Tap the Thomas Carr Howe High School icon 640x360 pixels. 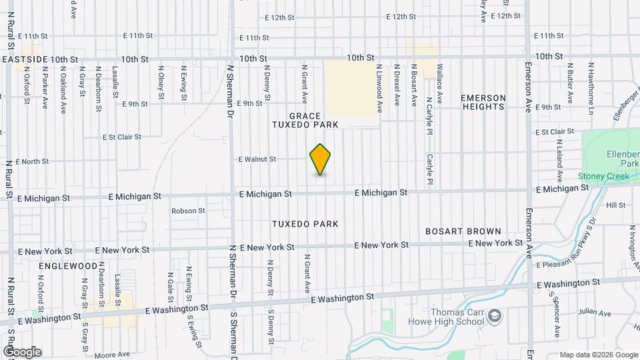point(494,315)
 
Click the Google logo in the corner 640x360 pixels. point(22,351)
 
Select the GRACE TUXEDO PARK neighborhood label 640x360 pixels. point(305,120)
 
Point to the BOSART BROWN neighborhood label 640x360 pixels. point(463,231)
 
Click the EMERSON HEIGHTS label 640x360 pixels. point(483,102)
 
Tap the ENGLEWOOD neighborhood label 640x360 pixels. point(68,265)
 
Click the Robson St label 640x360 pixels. point(188,211)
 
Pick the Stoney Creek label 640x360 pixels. point(603,176)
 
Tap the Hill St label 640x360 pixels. point(615,205)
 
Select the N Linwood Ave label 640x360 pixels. point(379,87)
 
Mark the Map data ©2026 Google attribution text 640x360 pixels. point(598,355)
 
